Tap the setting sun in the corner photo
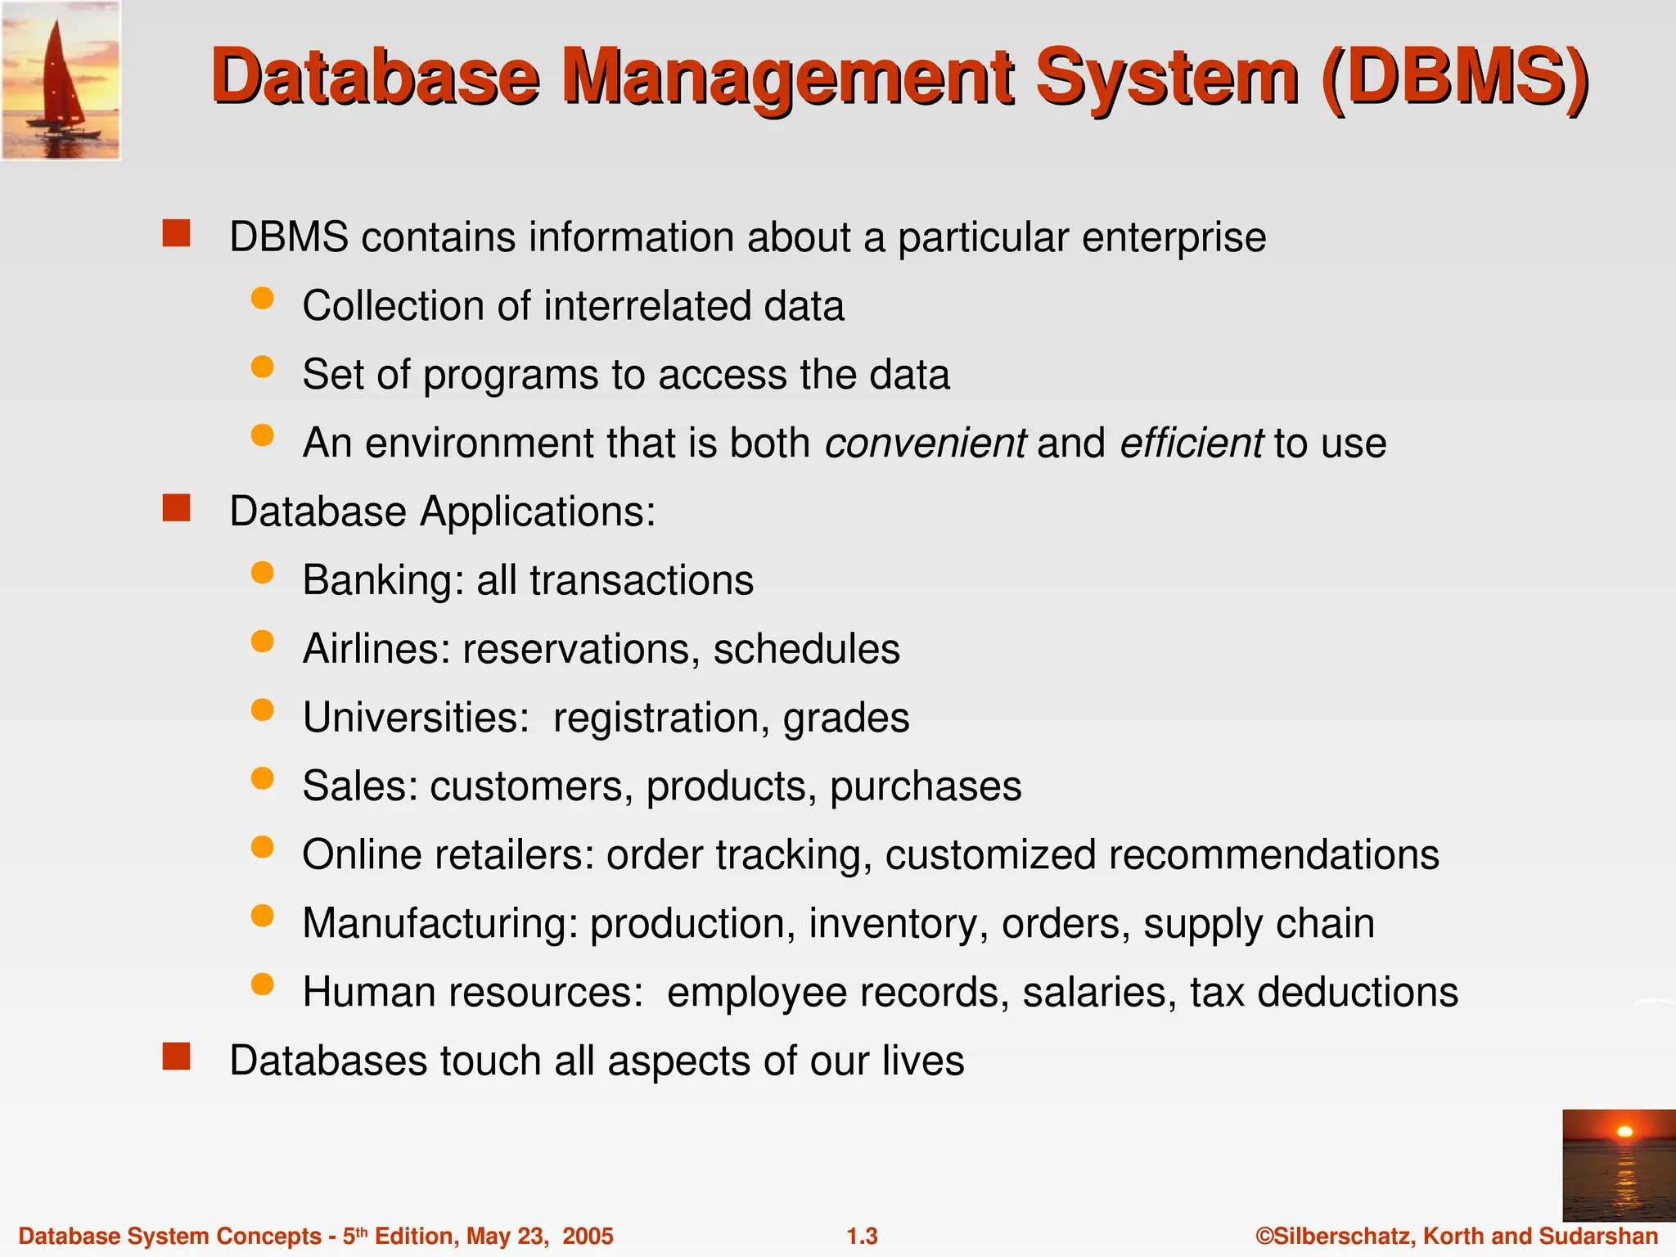click(1624, 1132)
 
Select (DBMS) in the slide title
click(1454, 77)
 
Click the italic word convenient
click(925, 443)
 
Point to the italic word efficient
click(1191, 443)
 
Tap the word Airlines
click(376, 649)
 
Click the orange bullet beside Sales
click(262, 778)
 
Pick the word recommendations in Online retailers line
click(1273, 855)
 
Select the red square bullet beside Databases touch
click(176, 1057)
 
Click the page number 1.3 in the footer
click(862, 1236)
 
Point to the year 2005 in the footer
click(588, 1236)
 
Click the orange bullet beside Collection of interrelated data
click(262, 299)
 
